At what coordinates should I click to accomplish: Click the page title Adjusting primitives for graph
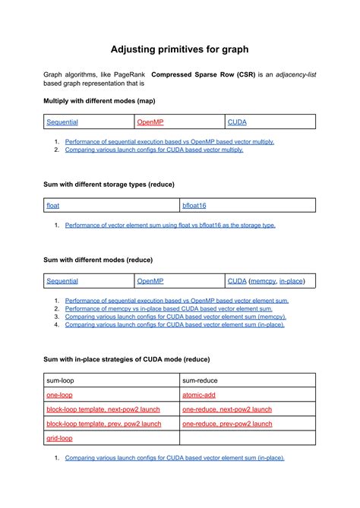click(179, 49)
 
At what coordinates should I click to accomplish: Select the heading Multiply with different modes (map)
click(99, 100)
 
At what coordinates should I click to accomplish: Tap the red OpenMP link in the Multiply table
click(150, 121)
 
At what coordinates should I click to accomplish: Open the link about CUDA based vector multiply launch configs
click(153, 150)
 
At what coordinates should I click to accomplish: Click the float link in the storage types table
click(52, 205)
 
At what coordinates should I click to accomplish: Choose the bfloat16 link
click(194, 205)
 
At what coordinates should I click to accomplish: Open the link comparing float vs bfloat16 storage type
click(170, 225)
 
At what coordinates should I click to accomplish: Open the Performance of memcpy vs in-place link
click(169, 309)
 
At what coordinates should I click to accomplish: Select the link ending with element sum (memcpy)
click(175, 317)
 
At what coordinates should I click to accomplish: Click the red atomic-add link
click(199, 395)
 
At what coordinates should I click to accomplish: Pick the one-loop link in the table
click(59, 395)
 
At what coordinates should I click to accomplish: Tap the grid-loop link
click(59, 438)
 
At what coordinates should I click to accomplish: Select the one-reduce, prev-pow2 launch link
click(227, 424)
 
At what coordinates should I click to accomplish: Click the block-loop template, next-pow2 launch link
click(103, 409)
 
